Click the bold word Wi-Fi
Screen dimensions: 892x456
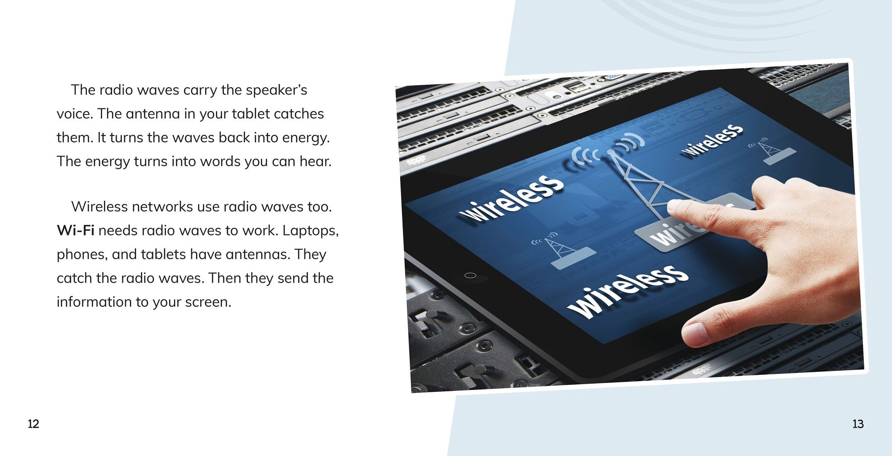(x=75, y=230)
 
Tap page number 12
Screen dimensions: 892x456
(x=33, y=424)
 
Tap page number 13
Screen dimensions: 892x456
(x=858, y=424)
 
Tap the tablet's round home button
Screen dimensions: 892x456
(x=470, y=275)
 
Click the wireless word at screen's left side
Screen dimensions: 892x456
(x=511, y=197)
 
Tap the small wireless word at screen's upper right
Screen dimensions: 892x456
(x=712, y=140)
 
